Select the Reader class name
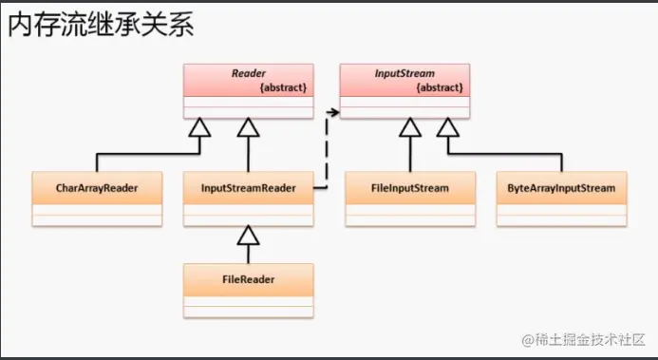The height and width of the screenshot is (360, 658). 248,73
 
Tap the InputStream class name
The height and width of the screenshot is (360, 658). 404,73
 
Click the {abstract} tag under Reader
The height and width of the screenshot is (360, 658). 284,87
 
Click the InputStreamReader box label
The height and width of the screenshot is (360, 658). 249,188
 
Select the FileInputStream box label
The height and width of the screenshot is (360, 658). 409,188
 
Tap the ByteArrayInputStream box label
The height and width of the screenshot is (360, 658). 561,188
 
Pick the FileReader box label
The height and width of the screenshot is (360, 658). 249,279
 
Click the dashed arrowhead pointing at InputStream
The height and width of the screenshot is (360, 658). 334,112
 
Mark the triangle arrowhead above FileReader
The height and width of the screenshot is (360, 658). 249,235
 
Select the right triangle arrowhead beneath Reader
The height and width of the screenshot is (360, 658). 249,130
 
